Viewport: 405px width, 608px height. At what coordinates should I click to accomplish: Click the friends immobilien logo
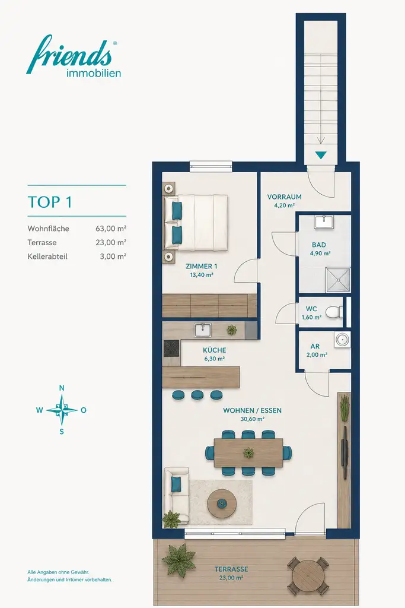click(x=74, y=56)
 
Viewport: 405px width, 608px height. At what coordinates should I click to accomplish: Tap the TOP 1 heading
click(x=50, y=202)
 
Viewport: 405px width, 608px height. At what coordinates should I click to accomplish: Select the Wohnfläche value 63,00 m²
click(x=111, y=229)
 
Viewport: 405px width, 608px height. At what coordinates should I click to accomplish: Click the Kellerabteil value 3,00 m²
click(x=113, y=256)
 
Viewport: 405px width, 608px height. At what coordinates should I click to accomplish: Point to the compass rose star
click(x=62, y=410)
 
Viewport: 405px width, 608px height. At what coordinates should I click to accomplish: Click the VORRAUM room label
click(x=284, y=197)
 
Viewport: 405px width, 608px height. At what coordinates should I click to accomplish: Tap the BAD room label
click(x=319, y=245)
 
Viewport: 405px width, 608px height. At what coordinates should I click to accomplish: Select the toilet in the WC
click(x=334, y=312)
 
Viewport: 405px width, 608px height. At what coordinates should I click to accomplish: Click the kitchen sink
click(x=203, y=330)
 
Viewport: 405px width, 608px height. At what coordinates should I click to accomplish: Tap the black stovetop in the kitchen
click(x=171, y=348)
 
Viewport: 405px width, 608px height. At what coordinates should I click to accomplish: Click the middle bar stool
click(x=197, y=395)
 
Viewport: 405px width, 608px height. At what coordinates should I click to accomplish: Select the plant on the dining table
click(x=248, y=452)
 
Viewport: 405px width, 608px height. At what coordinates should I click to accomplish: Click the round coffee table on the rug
click(x=222, y=503)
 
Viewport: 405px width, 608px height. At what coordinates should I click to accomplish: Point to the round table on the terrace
click(x=308, y=575)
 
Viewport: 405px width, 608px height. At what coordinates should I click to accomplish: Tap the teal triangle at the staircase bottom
click(x=321, y=155)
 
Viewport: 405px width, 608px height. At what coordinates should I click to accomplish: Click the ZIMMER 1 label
click(x=202, y=267)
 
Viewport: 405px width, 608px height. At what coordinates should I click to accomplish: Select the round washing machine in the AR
click(x=343, y=339)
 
